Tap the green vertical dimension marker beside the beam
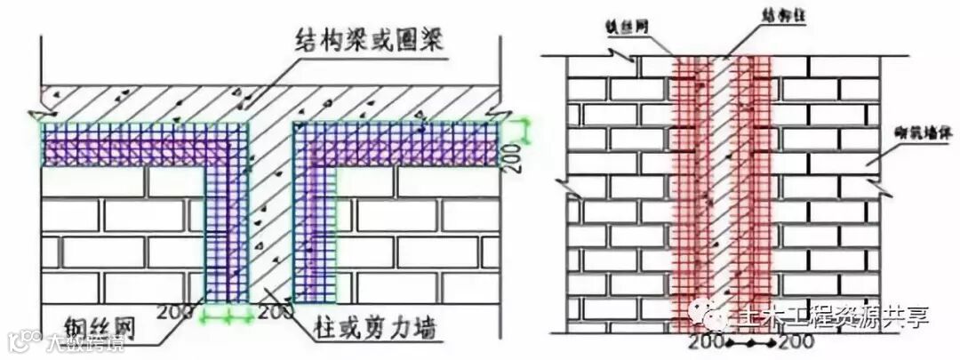click(527, 131)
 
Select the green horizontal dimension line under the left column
click(228, 314)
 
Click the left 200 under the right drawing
click(708, 340)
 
